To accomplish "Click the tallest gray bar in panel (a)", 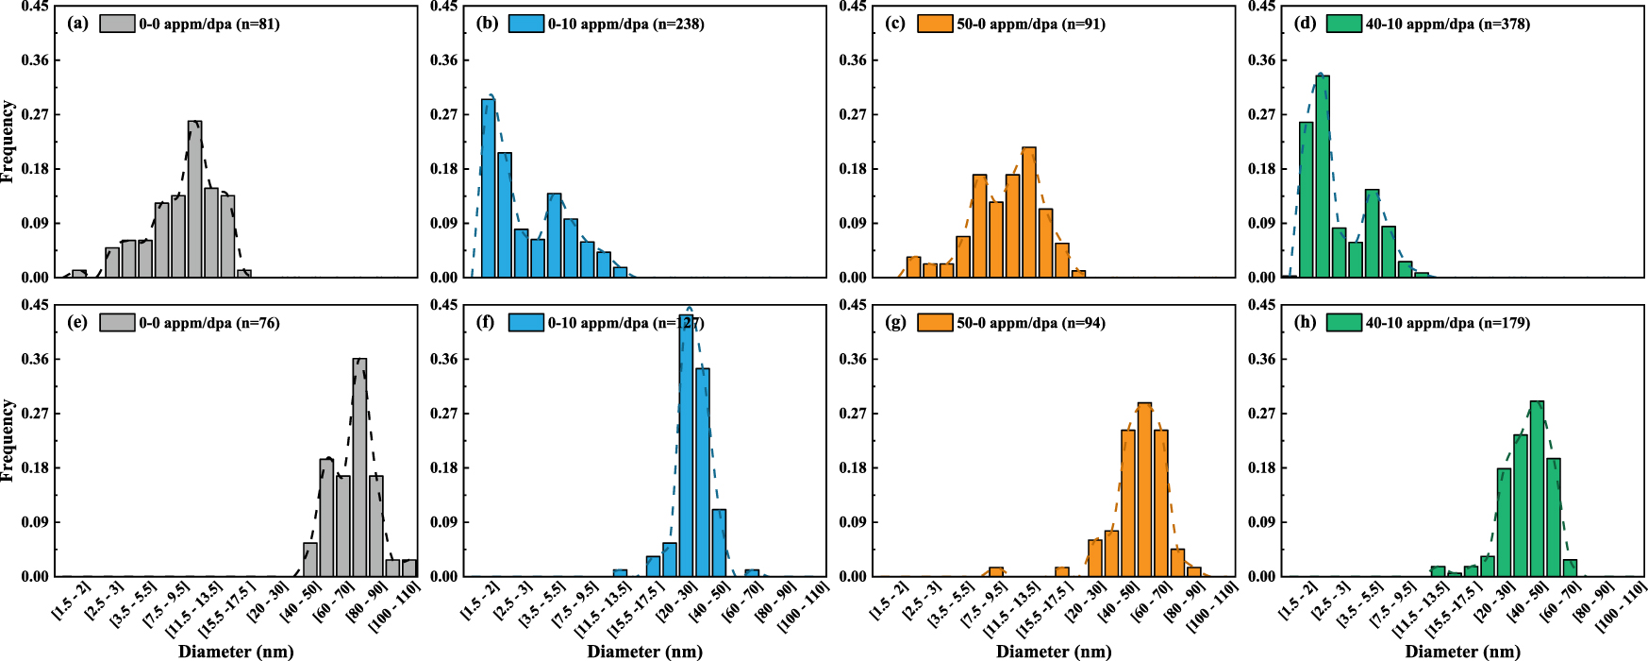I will [194, 199].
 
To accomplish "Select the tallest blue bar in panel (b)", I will [488, 188].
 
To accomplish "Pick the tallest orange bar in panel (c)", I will [1029, 212].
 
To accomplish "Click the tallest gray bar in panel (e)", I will [359, 467].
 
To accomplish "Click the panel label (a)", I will [78, 24].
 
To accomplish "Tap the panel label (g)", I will [896, 322].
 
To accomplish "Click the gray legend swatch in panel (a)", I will [117, 24].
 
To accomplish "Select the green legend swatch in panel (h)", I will [1343, 322].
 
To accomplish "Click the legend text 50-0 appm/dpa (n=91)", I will [1030, 24].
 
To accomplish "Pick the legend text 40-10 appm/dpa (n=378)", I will [1447, 24].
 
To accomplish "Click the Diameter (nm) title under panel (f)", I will [644, 652].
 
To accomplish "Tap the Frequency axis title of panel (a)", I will [8, 142].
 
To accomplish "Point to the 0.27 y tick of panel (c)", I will [853, 114].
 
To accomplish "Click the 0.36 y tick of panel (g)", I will [853, 359].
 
